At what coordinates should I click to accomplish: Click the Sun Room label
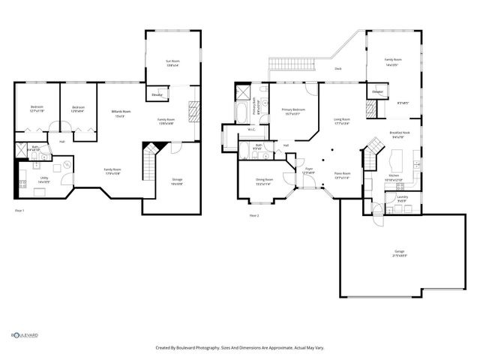pyautogui.click(x=173, y=61)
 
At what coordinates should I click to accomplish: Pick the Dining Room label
pyautogui.click(x=264, y=181)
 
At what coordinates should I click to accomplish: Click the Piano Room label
pyautogui.click(x=343, y=175)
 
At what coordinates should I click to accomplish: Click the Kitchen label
pyautogui.click(x=394, y=178)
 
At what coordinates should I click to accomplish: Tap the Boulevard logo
pyautogui.click(x=24, y=335)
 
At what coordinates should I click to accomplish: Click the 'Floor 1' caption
pyautogui.click(x=20, y=211)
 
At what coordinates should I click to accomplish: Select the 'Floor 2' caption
pyautogui.click(x=254, y=215)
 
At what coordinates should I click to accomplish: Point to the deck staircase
pyautogui.click(x=283, y=64)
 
